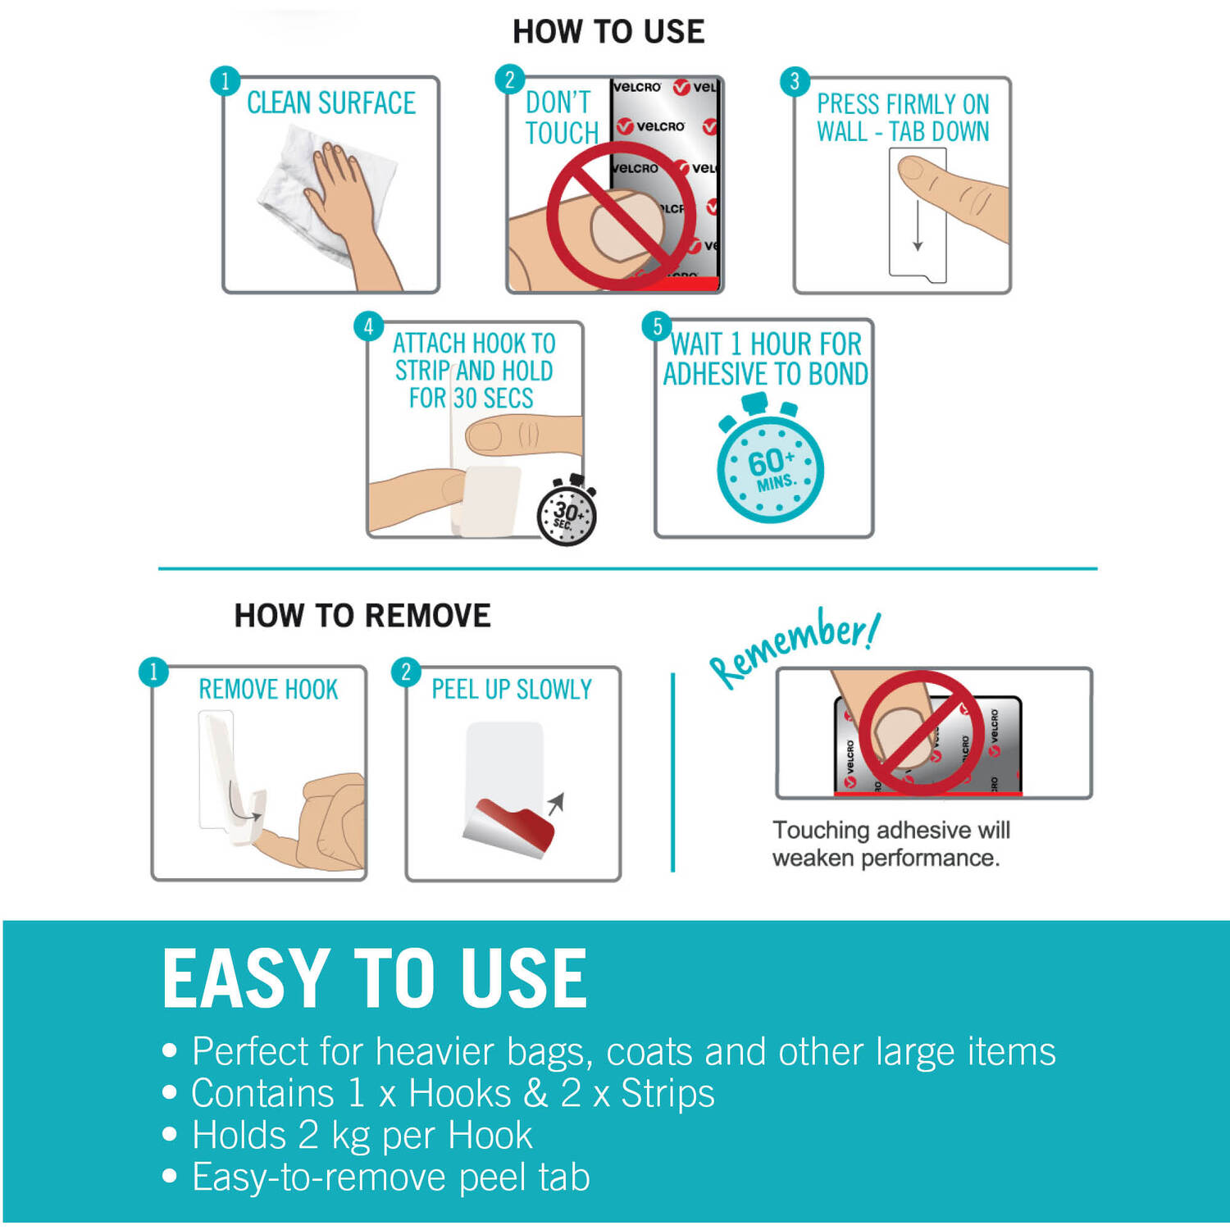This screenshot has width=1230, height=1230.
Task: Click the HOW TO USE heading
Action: tap(608, 32)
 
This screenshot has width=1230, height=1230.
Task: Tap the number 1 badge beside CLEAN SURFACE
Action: tap(225, 81)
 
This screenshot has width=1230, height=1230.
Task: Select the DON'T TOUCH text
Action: tap(562, 117)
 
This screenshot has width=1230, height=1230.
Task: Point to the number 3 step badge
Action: tap(794, 81)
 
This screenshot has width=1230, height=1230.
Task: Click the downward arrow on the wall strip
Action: tap(918, 227)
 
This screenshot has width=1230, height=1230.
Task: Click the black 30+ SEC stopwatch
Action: tap(567, 511)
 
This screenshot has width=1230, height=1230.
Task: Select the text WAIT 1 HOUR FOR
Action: tap(767, 344)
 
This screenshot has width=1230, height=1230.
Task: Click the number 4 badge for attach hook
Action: tap(368, 326)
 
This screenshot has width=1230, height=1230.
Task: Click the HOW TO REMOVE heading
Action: tap(362, 615)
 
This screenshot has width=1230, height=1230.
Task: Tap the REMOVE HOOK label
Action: tap(268, 690)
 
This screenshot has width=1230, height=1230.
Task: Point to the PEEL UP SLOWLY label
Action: tap(512, 690)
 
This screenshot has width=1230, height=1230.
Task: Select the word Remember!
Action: tap(795, 648)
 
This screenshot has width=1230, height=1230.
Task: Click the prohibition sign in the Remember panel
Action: tap(921, 733)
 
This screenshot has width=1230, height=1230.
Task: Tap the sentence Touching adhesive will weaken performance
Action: tap(891, 844)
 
